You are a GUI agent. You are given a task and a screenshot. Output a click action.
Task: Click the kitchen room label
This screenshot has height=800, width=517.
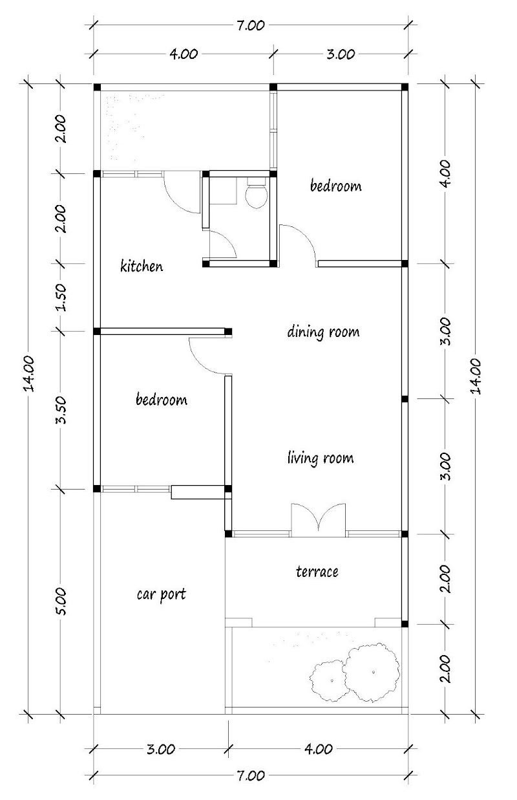[142, 266]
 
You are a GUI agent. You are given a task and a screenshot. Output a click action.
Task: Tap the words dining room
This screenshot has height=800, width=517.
[322, 332]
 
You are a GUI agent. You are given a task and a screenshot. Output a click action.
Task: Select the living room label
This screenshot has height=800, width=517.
[321, 459]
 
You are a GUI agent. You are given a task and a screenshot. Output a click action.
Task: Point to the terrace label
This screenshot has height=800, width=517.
[317, 572]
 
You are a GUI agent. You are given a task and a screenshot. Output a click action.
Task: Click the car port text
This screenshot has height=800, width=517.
[161, 593]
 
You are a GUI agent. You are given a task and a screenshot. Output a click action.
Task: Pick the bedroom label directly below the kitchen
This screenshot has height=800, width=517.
[161, 400]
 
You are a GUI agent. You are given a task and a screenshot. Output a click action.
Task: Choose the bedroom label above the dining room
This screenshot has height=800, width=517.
[335, 186]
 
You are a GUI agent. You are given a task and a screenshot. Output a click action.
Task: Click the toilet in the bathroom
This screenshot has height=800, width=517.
[257, 195]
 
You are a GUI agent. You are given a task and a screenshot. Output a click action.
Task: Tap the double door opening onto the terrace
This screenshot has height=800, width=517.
[319, 519]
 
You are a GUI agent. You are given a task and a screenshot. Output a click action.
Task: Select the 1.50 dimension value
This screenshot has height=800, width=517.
[61, 297]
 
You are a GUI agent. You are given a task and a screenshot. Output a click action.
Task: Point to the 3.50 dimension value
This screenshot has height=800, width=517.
[61, 410]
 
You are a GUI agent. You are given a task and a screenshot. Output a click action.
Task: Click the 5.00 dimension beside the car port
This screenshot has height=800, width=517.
[61, 601]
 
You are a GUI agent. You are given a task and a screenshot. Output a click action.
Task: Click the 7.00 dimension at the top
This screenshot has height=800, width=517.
[251, 26]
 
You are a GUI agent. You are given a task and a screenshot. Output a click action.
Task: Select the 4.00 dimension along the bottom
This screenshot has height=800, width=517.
[318, 750]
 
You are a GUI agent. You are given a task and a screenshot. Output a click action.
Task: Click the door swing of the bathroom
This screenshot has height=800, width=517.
[224, 244]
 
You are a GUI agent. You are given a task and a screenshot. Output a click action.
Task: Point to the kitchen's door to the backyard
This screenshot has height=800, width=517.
[182, 192]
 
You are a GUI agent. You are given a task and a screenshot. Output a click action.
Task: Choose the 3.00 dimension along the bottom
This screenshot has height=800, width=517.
[160, 750]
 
